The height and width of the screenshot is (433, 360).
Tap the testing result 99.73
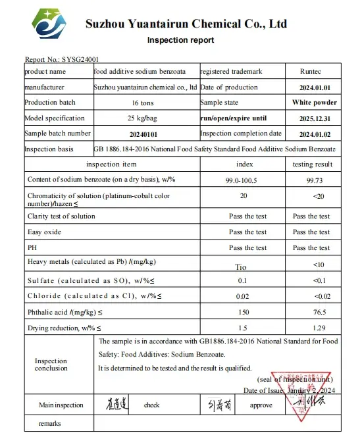311,179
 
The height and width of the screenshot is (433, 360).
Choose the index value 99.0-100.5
244,179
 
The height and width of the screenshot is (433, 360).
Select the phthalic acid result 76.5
311,311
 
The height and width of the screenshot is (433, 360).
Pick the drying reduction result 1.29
311,327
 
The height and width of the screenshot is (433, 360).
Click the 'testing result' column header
311,164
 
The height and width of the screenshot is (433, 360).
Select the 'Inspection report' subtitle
180,40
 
